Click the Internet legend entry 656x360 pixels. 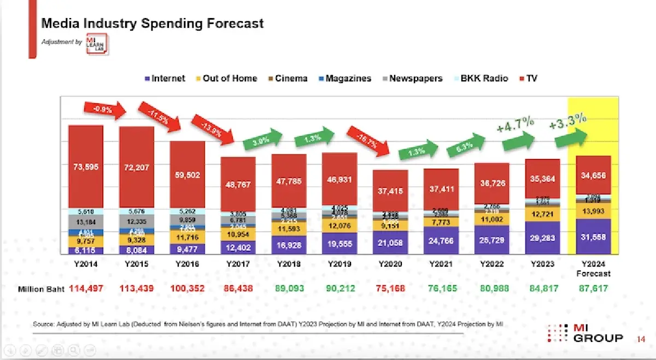coord(165,78)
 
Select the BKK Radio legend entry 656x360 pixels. coord(480,78)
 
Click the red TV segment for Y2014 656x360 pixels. coord(85,167)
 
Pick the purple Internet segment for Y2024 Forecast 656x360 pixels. coord(594,237)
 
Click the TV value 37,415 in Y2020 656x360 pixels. coord(391,191)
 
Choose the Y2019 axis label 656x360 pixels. coord(339,264)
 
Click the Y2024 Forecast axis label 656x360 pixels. coord(594,268)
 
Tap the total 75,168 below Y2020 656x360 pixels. coord(390,288)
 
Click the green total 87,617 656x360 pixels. coord(594,288)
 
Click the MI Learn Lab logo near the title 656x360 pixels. coord(97,43)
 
